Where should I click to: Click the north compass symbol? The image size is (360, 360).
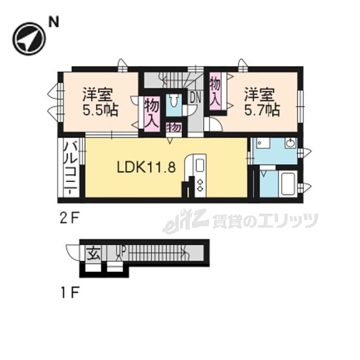[x=29, y=39]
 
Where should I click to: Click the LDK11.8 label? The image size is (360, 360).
[x=147, y=167]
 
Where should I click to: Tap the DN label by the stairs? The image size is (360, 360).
[x=195, y=98]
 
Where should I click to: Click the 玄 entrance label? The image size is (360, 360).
[x=94, y=253]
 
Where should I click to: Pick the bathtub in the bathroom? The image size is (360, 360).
[x=289, y=184]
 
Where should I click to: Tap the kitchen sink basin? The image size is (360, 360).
[x=200, y=165]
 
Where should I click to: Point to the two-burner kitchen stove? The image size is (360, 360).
[x=200, y=185]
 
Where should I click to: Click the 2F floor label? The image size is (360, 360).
[x=70, y=219]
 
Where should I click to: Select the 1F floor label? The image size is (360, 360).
[x=70, y=293]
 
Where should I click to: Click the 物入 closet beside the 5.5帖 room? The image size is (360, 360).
[x=152, y=114]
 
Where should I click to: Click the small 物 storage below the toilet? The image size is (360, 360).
[x=174, y=128]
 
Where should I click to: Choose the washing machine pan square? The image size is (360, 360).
[x=263, y=143]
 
